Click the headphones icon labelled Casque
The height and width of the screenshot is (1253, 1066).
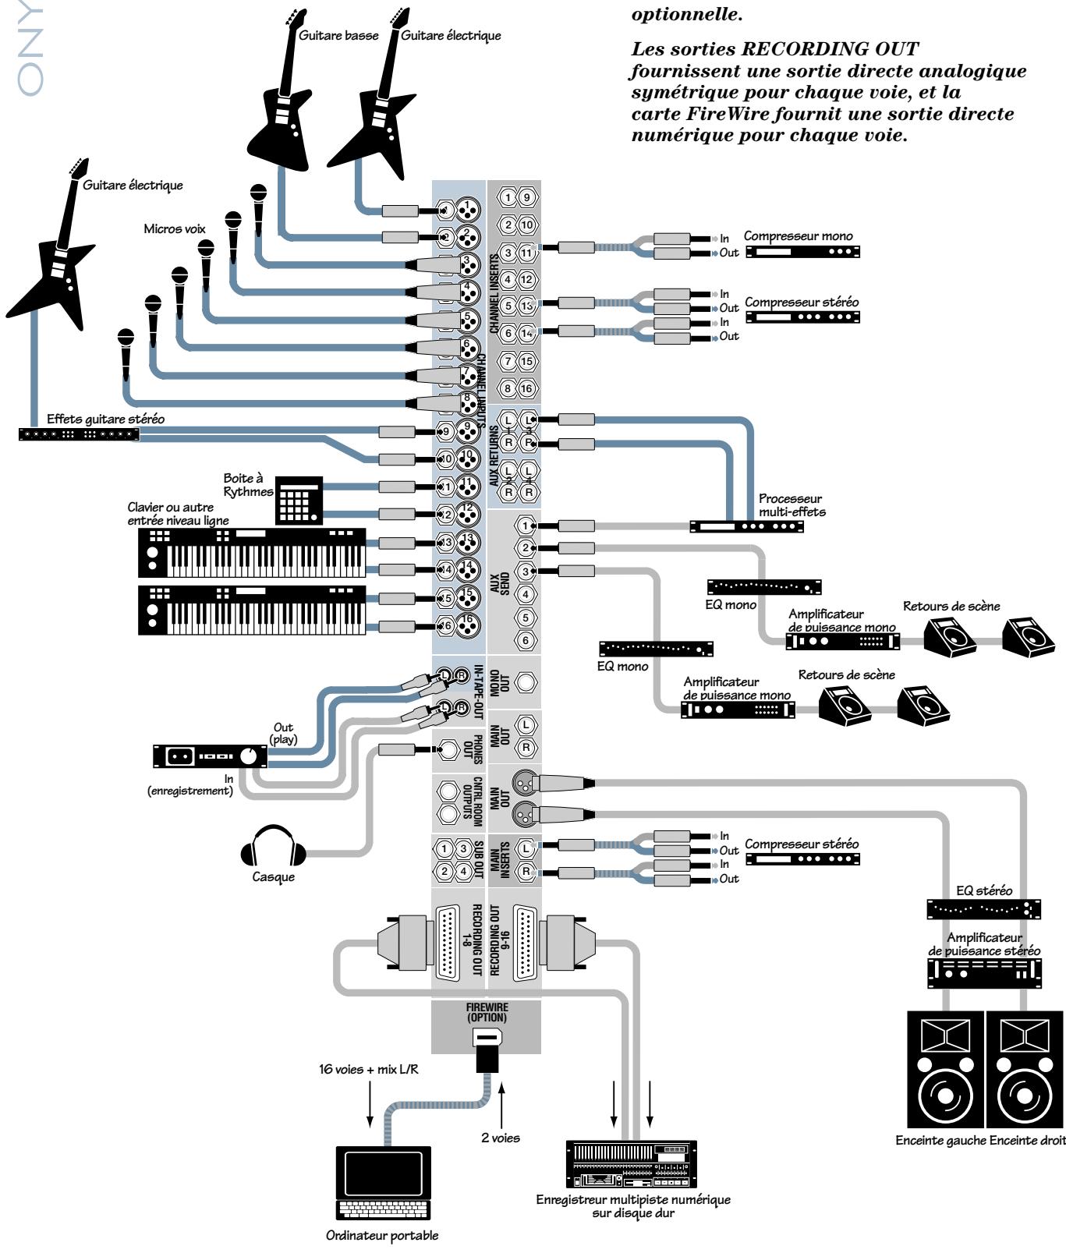(272, 851)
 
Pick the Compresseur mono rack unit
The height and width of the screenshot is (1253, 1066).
(803, 252)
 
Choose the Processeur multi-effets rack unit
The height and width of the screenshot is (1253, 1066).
(746, 526)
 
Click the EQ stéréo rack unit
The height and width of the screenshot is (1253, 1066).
(983, 909)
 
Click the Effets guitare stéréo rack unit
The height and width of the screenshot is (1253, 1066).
(79, 434)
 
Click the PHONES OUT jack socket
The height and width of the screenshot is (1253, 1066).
(448, 749)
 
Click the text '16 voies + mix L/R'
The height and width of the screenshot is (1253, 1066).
(368, 1069)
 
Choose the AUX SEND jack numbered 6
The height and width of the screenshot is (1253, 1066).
(526, 640)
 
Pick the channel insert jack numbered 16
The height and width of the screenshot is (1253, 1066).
(527, 388)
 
